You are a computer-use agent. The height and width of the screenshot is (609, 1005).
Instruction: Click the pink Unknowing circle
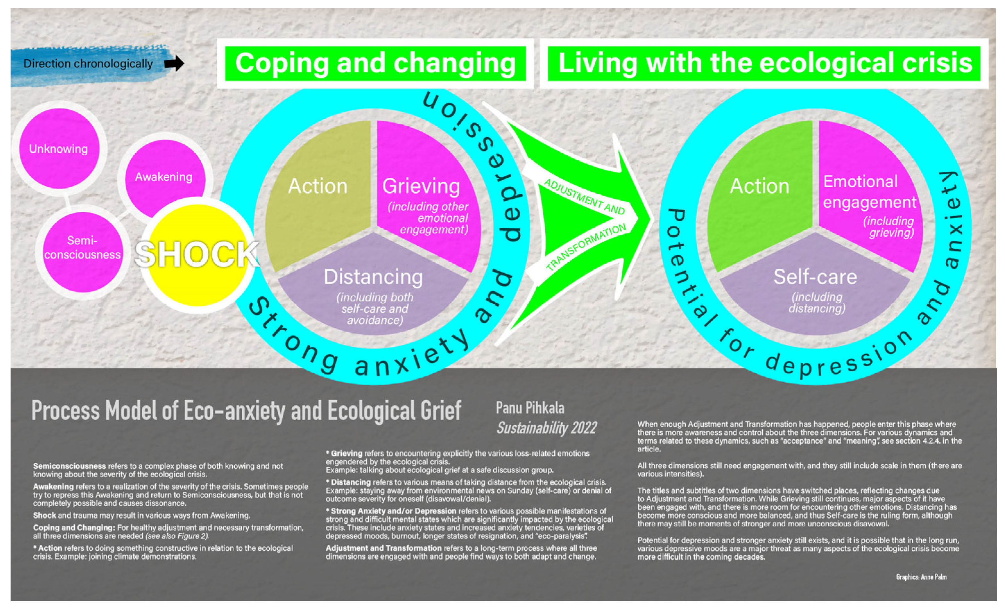[59, 148]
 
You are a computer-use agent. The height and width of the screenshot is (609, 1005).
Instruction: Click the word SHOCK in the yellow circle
[197, 254]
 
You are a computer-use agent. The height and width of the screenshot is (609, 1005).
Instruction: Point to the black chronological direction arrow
[174, 63]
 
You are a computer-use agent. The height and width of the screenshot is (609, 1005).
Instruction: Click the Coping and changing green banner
[375, 63]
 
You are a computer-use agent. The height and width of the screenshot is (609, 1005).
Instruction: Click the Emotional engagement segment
[869, 196]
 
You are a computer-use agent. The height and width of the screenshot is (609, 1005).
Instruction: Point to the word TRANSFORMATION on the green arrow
[586, 247]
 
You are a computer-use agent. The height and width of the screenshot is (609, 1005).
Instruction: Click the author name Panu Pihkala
[530, 408]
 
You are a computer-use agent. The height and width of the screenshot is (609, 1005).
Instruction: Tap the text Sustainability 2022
[547, 427]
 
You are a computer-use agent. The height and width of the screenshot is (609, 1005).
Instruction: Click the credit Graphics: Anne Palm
[921, 577]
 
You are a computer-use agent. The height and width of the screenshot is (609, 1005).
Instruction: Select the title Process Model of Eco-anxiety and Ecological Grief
[246, 410]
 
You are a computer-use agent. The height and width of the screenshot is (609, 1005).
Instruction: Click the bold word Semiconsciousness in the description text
[69, 466]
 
